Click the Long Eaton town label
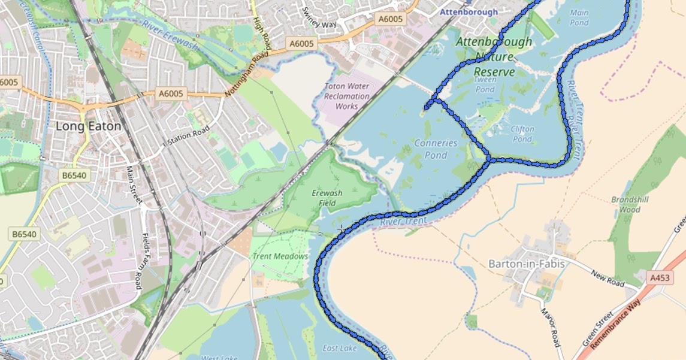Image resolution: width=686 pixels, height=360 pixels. point(88,126)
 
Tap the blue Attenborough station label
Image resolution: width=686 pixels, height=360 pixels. point(468,12)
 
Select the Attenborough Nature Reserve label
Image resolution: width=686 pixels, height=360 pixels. point(494,57)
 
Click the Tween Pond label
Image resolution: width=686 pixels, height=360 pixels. point(485,84)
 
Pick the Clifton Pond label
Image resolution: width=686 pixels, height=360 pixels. point(522,134)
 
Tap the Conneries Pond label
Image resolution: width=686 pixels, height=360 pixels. point(436,149)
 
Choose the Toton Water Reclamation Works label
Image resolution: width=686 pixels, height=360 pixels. point(346,96)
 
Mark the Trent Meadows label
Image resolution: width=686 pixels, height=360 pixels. point(280,256)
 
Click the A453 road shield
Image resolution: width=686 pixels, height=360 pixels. point(660,277)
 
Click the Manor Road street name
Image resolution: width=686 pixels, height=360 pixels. point(549,327)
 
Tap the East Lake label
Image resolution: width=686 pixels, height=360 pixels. point(339,348)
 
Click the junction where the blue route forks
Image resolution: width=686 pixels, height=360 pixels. point(489,160)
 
